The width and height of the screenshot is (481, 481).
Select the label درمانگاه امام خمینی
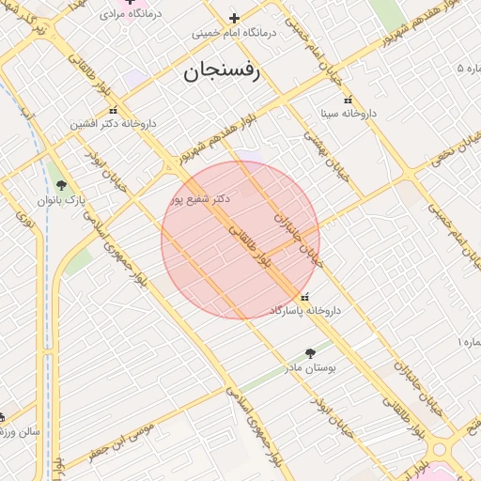tap(235, 32)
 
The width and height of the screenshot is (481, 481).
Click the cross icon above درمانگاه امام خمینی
tap(235, 18)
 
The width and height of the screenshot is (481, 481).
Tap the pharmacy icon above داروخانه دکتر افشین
tap(113, 110)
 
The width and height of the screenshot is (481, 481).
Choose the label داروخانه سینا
tap(349, 113)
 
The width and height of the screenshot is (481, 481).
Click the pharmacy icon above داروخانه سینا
tap(349, 100)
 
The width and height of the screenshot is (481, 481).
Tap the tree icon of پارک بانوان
tap(62, 186)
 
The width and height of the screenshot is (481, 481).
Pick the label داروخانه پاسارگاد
tap(305, 309)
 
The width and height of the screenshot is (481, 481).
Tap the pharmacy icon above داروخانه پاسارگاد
tap(303, 297)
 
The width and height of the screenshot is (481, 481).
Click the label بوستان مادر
tap(311, 369)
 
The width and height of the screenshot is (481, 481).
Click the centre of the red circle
tap(240, 240)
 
